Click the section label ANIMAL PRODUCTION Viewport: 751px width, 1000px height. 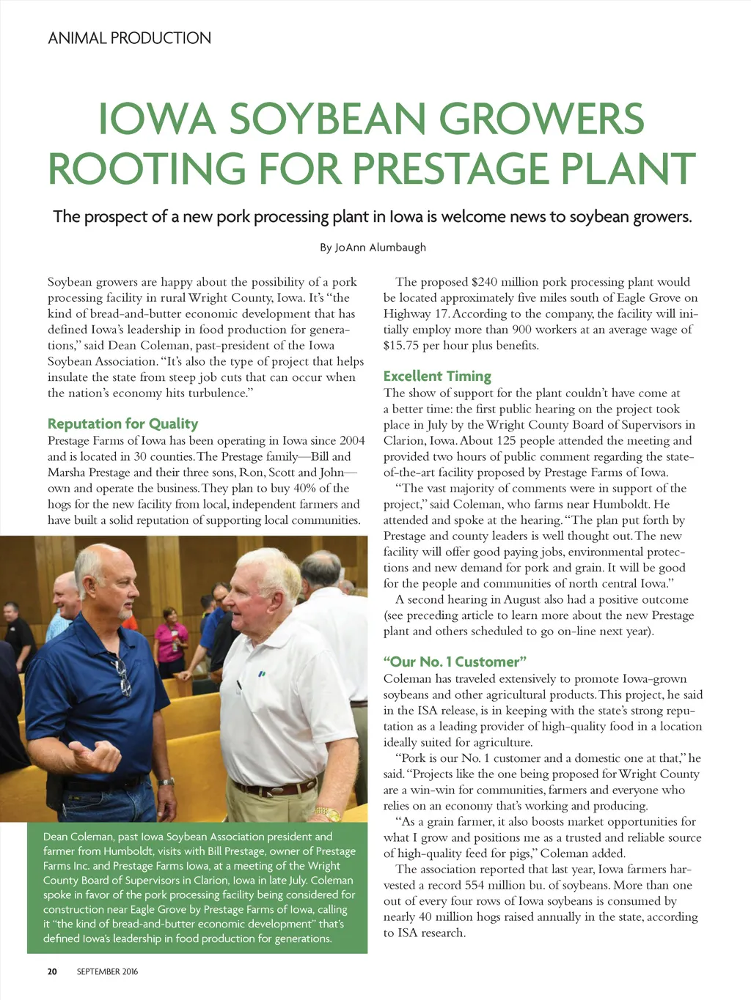(129, 38)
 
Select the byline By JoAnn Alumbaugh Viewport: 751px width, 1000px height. (373, 248)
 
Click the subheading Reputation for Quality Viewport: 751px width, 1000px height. (122, 423)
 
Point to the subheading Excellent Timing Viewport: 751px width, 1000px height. (437, 376)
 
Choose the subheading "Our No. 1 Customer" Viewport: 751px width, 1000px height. (455, 662)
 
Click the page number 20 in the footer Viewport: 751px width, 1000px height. (52, 971)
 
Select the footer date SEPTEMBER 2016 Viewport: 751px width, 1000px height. (107, 971)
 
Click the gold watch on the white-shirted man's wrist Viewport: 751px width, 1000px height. (327, 813)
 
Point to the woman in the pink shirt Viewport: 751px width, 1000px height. (171, 637)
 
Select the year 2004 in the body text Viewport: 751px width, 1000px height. (351, 441)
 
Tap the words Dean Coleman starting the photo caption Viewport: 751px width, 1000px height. (78, 837)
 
